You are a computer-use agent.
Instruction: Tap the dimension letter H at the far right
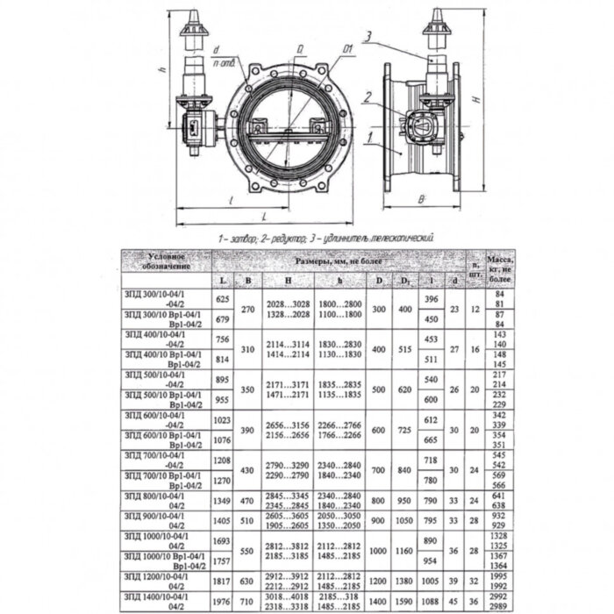click(x=475, y=100)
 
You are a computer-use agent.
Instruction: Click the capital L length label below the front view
click(x=263, y=214)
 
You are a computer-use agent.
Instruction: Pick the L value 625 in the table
click(x=222, y=299)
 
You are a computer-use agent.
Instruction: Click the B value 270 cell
click(x=247, y=309)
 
